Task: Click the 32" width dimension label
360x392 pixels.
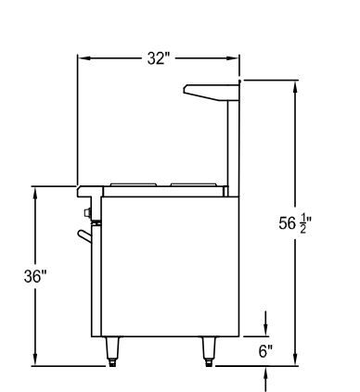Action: [x=159, y=58]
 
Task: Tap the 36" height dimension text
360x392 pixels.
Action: [x=35, y=276]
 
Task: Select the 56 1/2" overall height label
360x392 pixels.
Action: [x=295, y=223]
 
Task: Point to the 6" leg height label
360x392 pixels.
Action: [x=265, y=351]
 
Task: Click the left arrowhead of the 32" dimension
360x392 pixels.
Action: [x=84, y=58]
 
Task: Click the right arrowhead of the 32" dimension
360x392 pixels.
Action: [x=233, y=58]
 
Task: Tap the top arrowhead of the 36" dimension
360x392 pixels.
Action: [x=35, y=193]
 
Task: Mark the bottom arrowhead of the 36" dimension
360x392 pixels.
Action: [x=35, y=360]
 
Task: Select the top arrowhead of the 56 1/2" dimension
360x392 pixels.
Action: [x=295, y=87]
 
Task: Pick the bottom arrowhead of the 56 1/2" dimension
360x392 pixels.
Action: [x=295, y=360]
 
